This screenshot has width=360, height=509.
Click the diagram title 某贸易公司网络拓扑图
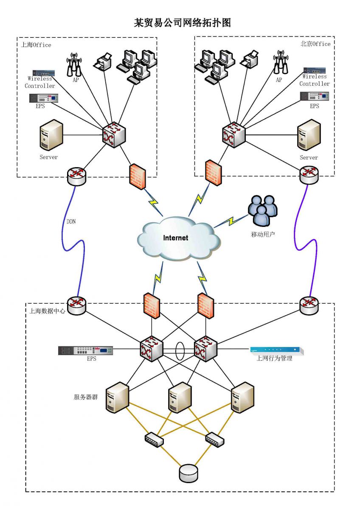coord(183,23)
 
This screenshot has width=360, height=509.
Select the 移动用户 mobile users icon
coord(263,210)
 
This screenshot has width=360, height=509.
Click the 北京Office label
coord(315,44)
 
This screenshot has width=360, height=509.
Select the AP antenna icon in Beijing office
coord(279,63)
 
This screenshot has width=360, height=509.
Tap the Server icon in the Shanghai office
coord(51,135)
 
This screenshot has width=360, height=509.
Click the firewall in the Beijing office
coord(213,172)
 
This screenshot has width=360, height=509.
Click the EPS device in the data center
coord(86,350)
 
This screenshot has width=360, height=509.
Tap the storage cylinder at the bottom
coord(188,473)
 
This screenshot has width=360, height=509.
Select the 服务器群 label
coord(86,397)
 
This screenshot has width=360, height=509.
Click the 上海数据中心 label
coord(47,311)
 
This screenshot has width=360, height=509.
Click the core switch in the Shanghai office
coord(113,134)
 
